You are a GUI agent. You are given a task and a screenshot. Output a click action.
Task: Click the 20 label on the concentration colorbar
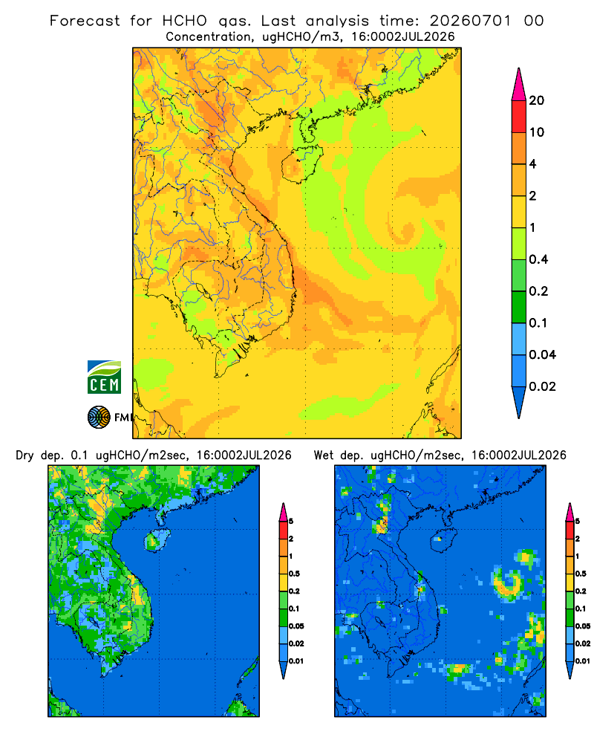pyautogui.click(x=537, y=100)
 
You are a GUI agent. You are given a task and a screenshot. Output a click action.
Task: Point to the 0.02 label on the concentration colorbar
pyautogui.click(x=542, y=386)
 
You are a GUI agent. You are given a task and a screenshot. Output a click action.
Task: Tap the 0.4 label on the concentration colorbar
pyautogui.click(x=538, y=259)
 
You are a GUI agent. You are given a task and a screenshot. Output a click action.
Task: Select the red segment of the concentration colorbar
pyautogui.click(x=519, y=116)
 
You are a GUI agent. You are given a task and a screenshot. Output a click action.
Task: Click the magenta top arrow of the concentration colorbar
pyautogui.click(x=519, y=85)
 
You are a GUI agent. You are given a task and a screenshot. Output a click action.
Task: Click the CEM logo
pyautogui.click(x=104, y=377)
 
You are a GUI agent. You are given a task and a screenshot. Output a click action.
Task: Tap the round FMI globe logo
pyautogui.click(x=99, y=418)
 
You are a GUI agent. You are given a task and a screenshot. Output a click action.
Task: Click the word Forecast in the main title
pyautogui.click(x=85, y=21)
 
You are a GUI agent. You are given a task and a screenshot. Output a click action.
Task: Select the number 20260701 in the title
pyautogui.click(x=470, y=21)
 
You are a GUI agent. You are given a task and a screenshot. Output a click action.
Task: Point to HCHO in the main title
pyautogui.click(x=185, y=21)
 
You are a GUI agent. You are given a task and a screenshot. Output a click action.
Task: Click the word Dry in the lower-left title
pyautogui.click(x=25, y=455)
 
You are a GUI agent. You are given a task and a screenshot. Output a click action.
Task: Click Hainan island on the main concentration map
pyautogui.click(x=302, y=164)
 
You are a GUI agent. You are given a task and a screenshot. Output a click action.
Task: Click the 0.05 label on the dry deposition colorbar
pyautogui.click(x=296, y=626)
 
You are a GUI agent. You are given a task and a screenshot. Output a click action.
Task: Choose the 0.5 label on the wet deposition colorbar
pyautogui.click(x=581, y=574)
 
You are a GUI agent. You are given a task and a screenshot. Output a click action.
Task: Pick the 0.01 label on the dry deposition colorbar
pyautogui.click(x=296, y=661)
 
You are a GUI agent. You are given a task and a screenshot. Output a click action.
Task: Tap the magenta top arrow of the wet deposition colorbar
pyautogui.click(x=569, y=512)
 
